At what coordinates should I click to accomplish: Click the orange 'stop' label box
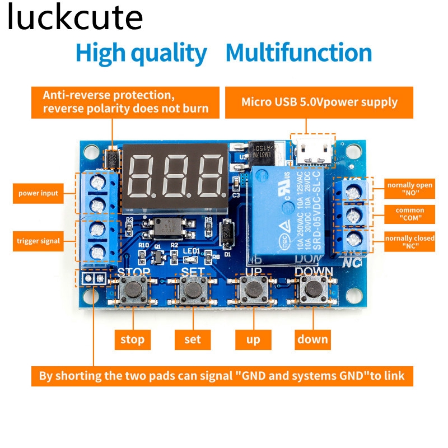click(x=132, y=339)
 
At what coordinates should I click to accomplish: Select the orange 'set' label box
click(x=192, y=339)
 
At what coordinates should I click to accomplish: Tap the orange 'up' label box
click(x=253, y=339)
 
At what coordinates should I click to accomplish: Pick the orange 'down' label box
click(x=312, y=339)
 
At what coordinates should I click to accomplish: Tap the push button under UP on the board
click(x=253, y=290)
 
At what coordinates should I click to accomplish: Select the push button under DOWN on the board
click(x=312, y=290)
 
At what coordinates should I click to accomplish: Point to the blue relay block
click(x=286, y=213)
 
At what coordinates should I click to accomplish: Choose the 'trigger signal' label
click(x=38, y=241)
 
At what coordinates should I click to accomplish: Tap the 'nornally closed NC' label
click(x=410, y=242)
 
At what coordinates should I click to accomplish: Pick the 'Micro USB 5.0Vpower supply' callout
click(x=319, y=102)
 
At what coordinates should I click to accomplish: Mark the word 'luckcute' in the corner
click(x=75, y=18)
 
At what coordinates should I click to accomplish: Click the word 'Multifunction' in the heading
click(x=298, y=53)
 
